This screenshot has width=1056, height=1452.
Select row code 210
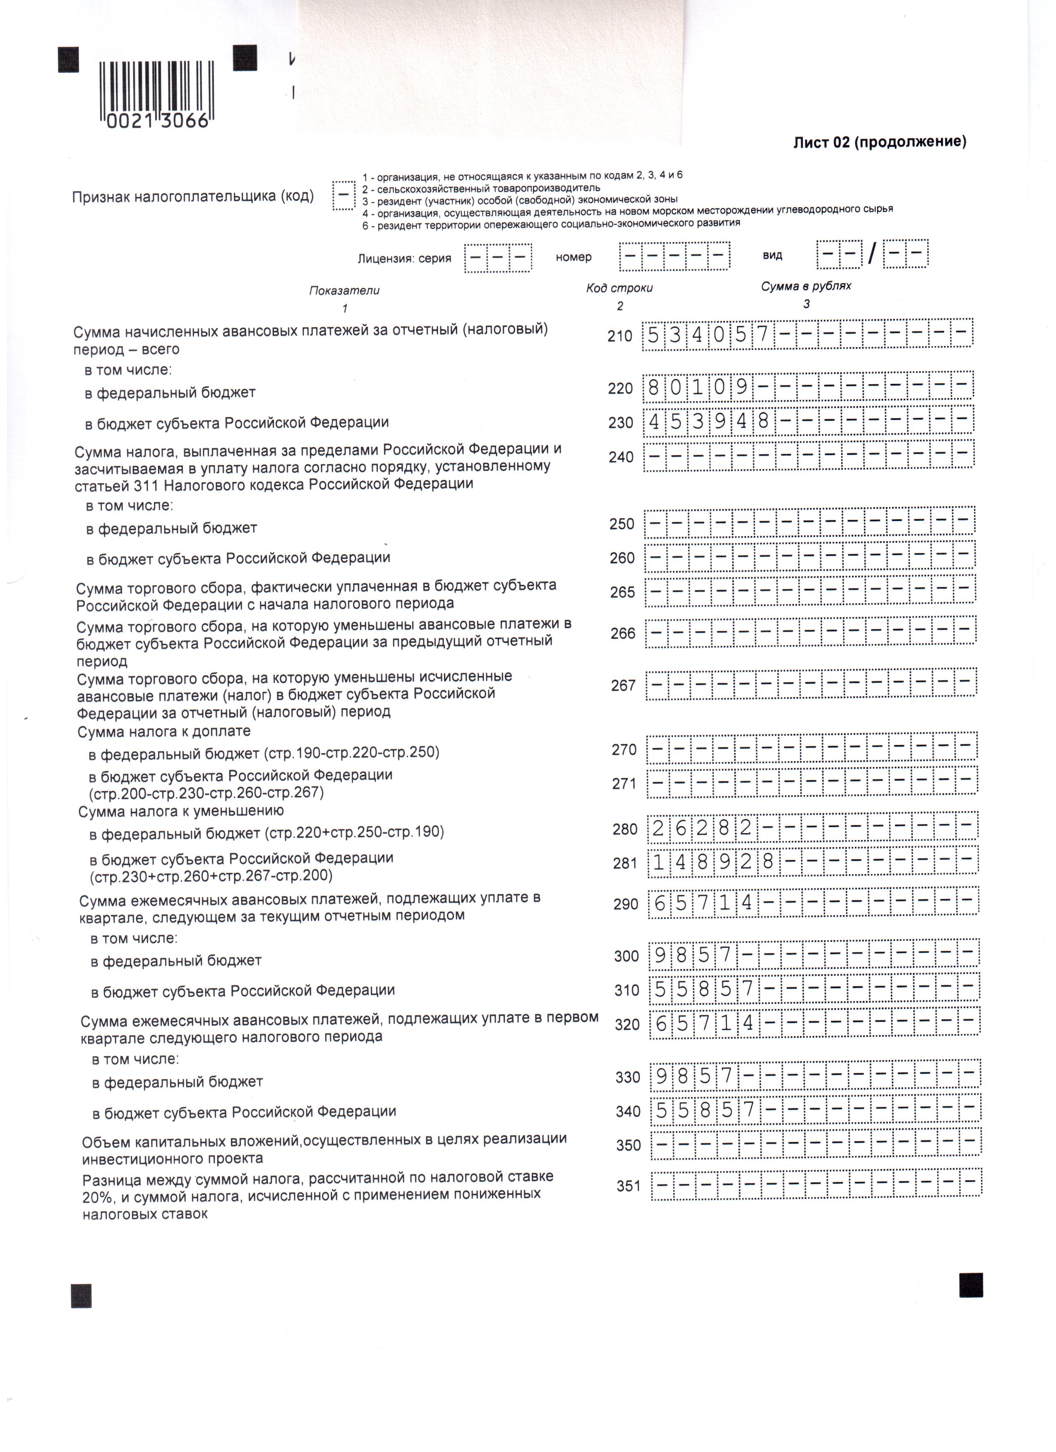(x=619, y=335)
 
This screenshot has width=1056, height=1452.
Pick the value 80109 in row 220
(x=697, y=387)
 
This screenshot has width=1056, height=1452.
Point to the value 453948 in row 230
(x=708, y=421)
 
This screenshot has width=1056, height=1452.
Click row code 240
(x=621, y=457)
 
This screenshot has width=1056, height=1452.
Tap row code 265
(x=622, y=592)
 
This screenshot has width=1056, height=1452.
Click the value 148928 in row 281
(x=713, y=862)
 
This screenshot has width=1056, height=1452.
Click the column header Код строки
(x=619, y=288)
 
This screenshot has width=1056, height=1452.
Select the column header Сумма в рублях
(x=806, y=286)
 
